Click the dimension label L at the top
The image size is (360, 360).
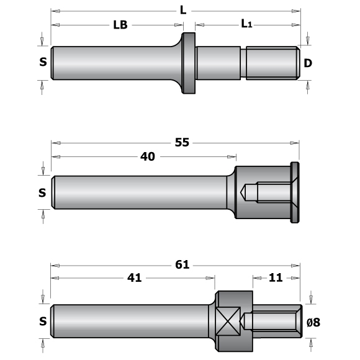(x=182, y=11)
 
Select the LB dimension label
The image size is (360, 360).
(x=120, y=25)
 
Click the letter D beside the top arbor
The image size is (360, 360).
(x=308, y=62)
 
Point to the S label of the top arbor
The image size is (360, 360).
(x=42, y=62)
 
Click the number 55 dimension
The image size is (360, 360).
(x=182, y=142)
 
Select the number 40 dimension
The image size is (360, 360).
(x=148, y=156)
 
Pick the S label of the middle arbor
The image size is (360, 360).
(x=42, y=192)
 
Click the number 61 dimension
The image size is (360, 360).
(x=181, y=264)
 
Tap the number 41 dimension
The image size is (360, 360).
(x=134, y=278)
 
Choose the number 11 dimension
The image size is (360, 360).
(x=276, y=278)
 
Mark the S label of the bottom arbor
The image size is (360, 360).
(x=42, y=322)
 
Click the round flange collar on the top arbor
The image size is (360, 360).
(x=188, y=63)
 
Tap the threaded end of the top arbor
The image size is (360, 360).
(x=270, y=63)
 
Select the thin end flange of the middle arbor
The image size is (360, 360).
(x=295, y=193)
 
